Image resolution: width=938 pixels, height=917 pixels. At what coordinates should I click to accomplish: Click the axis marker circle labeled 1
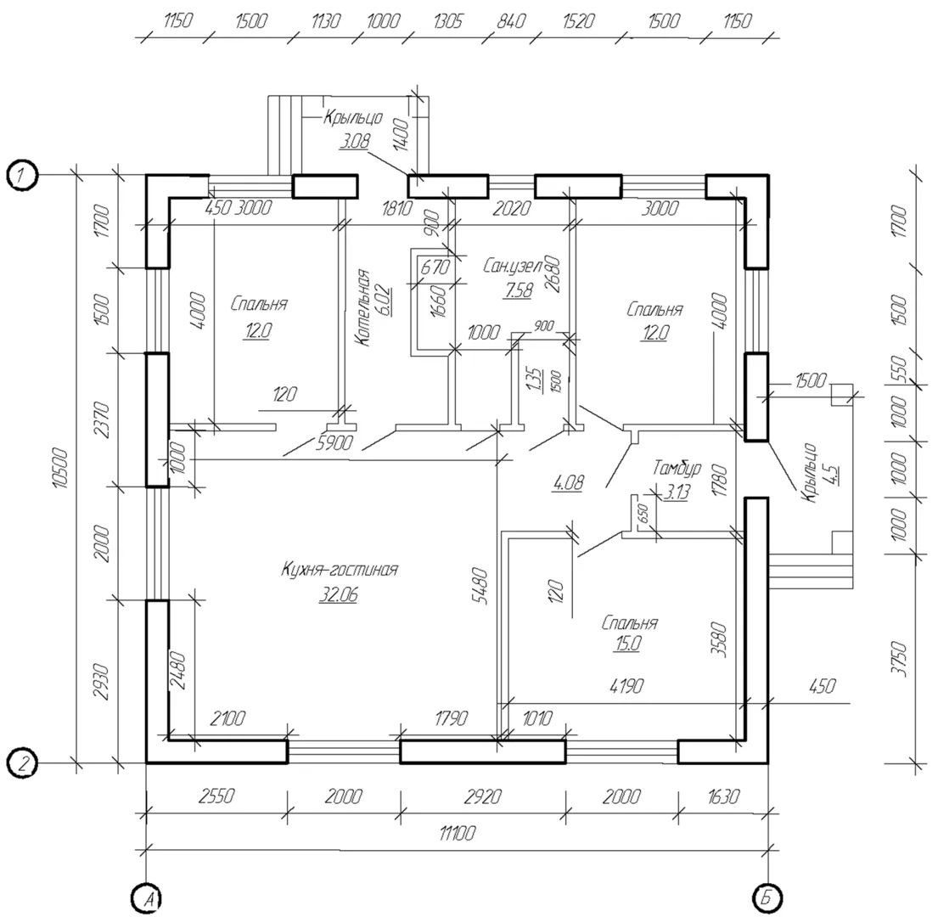[x=22, y=176]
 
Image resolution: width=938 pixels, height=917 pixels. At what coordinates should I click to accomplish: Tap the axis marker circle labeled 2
[x=22, y=763]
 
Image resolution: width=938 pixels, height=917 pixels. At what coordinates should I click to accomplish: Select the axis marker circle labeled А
[x=147, y=897]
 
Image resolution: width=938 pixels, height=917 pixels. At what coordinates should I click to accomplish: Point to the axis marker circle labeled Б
[x=767, y=897]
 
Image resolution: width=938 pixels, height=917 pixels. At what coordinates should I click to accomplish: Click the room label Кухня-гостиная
[x=340, y=570]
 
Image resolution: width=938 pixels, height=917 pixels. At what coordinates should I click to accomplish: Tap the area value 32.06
[x=339, y=594]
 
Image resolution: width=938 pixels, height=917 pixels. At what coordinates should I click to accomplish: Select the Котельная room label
[x=362, y=307]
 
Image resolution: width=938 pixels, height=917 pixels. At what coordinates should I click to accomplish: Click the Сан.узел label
[x=512, y=266]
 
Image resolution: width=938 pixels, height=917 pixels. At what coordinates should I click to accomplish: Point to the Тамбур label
[x=677, y=467]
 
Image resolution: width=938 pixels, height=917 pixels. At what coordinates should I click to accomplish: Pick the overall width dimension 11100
[x=458, y=833]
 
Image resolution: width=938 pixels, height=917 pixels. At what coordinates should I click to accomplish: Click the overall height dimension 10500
[x=63, y=469]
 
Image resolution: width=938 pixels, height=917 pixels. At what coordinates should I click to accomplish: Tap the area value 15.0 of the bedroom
[x=627, y=644]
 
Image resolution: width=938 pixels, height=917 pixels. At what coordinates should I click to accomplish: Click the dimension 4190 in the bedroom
[x=626, y=685]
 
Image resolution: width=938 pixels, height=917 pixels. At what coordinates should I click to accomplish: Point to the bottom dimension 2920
[x=482, y=796]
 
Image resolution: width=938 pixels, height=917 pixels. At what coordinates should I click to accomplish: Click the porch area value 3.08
[x=356, y=142]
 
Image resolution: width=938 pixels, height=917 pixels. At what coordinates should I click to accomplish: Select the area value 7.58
[x=518, y=290]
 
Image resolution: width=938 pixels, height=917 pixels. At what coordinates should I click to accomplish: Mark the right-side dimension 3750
[x=898, y=660]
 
